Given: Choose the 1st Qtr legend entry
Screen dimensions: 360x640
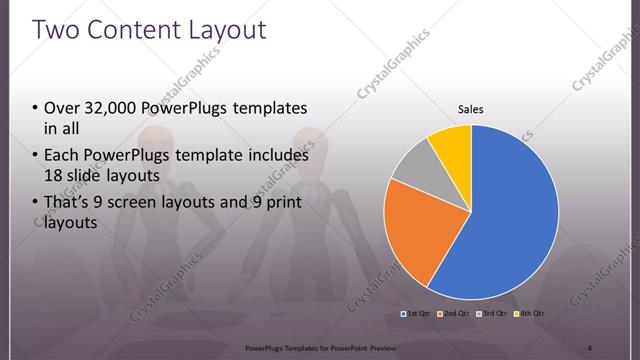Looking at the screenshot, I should coord(417,314).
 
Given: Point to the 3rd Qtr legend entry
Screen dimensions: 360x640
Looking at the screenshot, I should coord(492,314).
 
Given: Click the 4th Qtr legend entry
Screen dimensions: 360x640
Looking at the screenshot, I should coord(529,314).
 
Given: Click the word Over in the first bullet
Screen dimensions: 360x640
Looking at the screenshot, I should coord(62,108).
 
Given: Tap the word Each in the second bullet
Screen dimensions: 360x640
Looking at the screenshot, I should coord(62,156).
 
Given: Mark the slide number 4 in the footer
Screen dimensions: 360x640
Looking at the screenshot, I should coord(589,347).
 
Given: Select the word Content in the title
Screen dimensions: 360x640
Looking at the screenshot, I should coord(134,29).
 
